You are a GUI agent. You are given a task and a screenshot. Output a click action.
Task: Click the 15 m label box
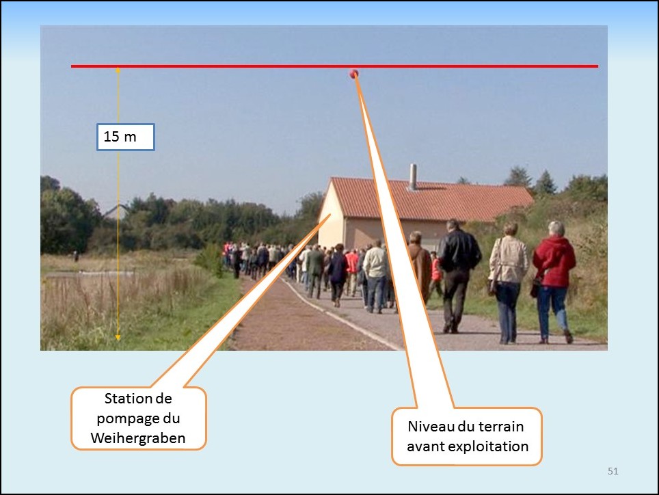coord(126,137)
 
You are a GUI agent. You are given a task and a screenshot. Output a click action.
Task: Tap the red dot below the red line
coord(354,74)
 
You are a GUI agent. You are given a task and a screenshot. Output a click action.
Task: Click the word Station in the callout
coord(124,399)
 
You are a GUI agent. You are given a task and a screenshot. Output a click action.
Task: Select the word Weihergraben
coord(138,438)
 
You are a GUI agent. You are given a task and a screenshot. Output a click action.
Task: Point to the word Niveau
coord(431,427)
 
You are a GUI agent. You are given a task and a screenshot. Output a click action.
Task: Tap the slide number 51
coord(613,471)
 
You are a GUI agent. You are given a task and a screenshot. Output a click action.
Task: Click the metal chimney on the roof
coord(413,177)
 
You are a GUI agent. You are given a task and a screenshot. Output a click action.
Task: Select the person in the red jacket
coord(554,282)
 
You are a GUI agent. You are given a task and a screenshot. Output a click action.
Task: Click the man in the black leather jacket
coord(458,276)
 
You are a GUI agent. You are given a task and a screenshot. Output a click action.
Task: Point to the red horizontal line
coord(334,66)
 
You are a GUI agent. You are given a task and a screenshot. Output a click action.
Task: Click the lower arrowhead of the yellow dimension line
coord(118,337)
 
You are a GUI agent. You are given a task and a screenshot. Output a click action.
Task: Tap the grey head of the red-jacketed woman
coord(556,228)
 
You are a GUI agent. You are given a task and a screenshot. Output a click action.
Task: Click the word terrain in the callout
coord(502,427)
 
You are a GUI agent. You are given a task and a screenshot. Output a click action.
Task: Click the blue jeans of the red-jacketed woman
coord(552,310)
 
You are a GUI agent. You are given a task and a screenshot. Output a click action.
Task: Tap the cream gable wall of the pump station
coord(332,221)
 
